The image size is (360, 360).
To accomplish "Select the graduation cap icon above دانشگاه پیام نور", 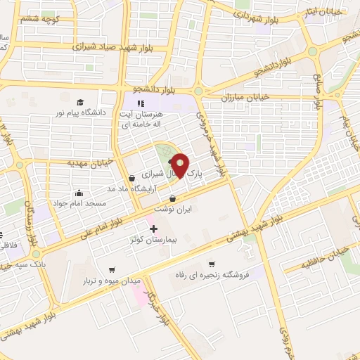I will pos(79,102).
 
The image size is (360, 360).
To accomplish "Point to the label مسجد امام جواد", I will pos(80,203).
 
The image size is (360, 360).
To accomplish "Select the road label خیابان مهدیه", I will pos(70,163).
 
